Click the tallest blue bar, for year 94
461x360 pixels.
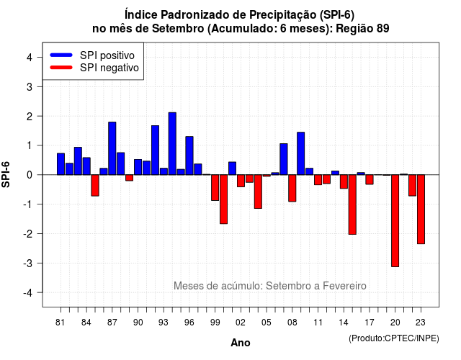pyautogui.click(x=172, y=144)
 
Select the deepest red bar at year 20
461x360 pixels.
pyautogui.click(x=395, y=221)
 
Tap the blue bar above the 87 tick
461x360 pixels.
pyautogui.click(x=112, y=148)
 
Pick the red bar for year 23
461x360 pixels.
pyautogui.click(x=421, y=210)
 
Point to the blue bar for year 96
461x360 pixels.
pyautogui.click(x=189, y=156)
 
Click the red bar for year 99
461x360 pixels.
pyautogui.click(x=215, y=187)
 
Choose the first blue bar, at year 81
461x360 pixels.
pyautogui.click(x=61, y=164)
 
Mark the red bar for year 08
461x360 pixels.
pyautogui.click(x=292, y=188)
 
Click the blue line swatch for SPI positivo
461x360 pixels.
pyautogui.click(x=61, y=55)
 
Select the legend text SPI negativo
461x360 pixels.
pyautogui.click(x=109, y=68)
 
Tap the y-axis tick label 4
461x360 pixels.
pyautogui.click(x=30, y=58)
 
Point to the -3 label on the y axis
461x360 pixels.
pyautogui.click(x=27, y=263)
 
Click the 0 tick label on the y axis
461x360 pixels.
pyautogui.click(x=30, y=175)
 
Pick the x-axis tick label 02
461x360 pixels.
pyautogui.click(x=241, y=323)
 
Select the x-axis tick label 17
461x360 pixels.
pyautogui.click(x=370, y=323)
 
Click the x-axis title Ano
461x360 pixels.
pyautogui.click(x=241, y=343)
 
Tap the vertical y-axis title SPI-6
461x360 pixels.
pyautogui.click(x=6, y=174)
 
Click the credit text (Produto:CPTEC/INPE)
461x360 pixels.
pyautogui.click(x=394, y=338)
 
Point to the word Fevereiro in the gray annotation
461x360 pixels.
pyautogui.click(x=344, y=286)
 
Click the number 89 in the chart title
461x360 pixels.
pyautogui.click(x=382, y=29)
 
